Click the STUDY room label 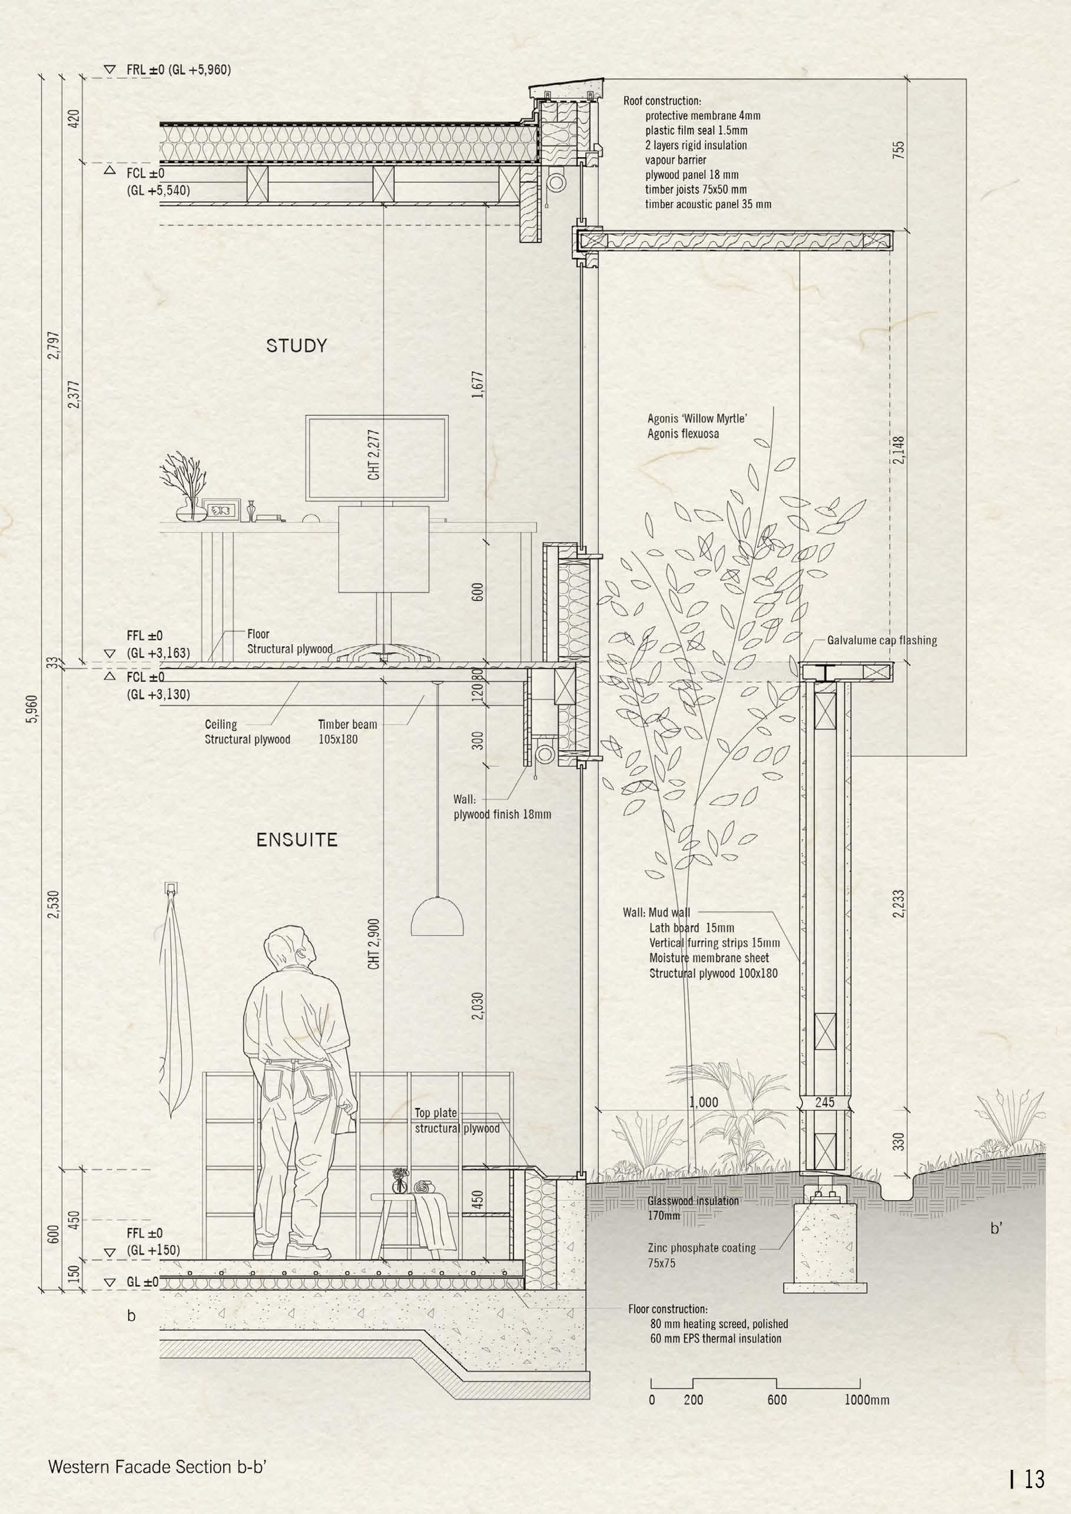(296, 346)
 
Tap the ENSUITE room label (296, 840)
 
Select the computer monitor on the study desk (377, 457)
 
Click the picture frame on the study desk (220, 509)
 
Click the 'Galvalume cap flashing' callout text (882, 640)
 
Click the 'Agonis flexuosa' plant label (682, 434)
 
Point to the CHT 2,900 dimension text (375, 943)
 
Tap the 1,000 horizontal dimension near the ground (703, 1102)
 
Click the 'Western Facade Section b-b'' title (158, 1443)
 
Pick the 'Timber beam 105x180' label (347, 731)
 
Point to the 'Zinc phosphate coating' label (701, 1247)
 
